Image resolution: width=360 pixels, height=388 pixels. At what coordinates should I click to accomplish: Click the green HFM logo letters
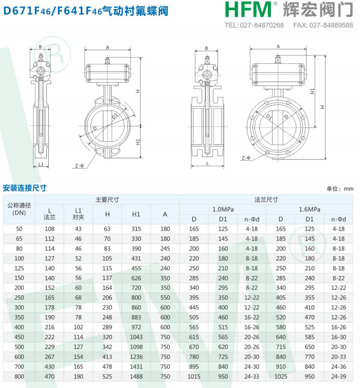point(248,10)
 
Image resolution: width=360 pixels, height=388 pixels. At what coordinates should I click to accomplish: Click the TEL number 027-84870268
point(262,25)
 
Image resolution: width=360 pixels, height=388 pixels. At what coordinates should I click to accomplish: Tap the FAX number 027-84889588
point(331,25)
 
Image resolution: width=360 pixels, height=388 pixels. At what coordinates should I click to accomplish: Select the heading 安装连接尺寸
point(25,188)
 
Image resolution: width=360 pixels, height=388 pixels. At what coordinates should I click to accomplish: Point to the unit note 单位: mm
point(340,189)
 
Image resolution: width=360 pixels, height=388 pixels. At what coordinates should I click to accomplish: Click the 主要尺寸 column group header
point(107,199)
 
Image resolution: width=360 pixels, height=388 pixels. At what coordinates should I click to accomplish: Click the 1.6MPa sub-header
point(310,209)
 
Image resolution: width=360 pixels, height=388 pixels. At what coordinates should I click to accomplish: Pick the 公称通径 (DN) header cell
point(19,209)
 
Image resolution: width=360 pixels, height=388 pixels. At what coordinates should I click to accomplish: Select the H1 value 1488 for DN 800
point(136,376)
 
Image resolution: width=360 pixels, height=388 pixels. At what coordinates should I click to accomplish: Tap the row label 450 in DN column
point(19,337)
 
